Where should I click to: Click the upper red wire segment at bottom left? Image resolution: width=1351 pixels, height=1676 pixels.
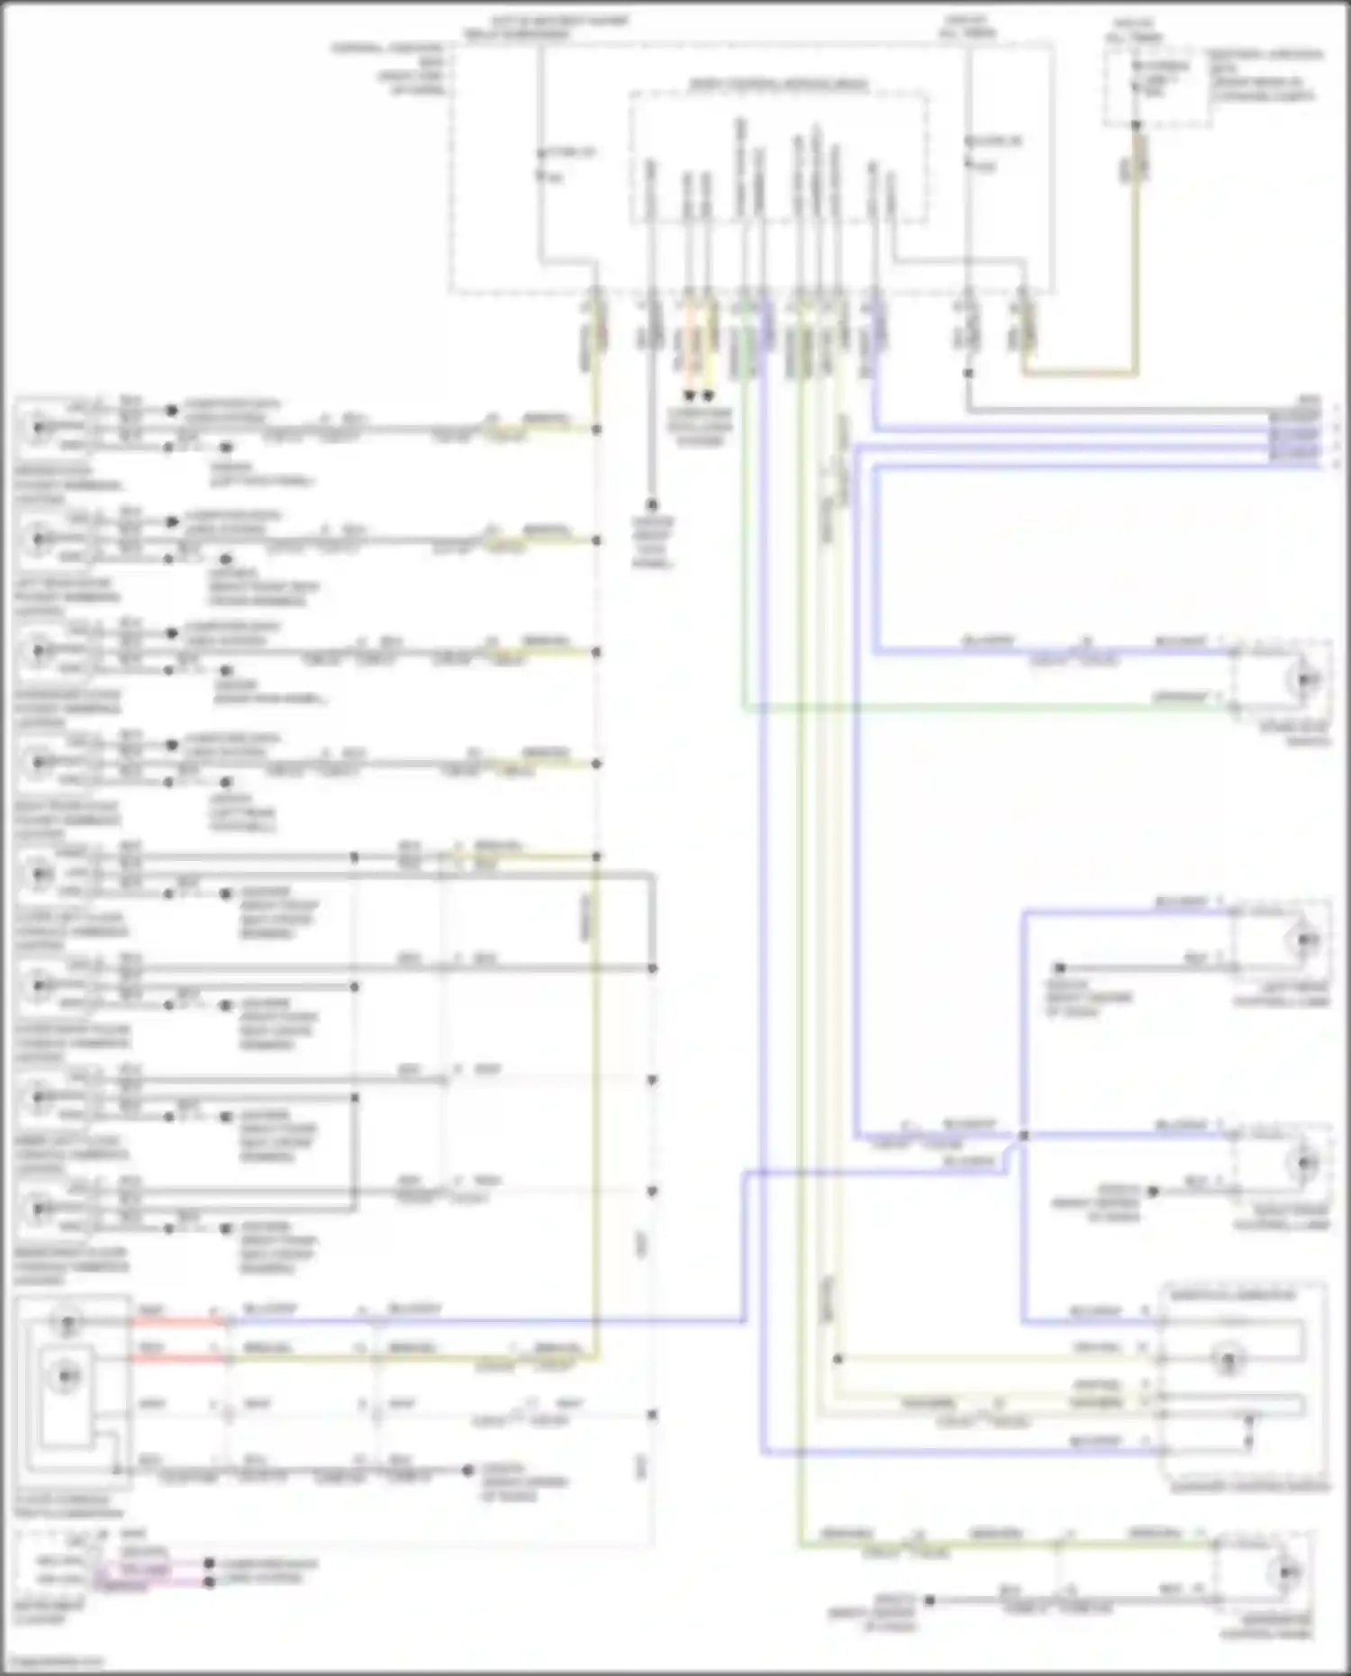tap(177, 1322)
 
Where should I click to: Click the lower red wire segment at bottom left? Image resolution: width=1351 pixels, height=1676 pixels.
tap(177, 1358)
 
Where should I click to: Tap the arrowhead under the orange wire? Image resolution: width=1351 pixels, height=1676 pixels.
tap(690, 394)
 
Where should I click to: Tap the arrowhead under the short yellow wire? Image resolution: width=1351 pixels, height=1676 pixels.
tap(708, 394)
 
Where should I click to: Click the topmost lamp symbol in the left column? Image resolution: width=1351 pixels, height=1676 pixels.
tap(39, 427)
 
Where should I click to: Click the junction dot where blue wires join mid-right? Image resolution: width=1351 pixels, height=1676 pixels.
tap(1023, 1136)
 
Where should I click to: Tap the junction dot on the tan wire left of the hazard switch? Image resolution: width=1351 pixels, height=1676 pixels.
tap(838, 1358)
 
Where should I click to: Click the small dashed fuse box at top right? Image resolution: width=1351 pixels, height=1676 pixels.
tap(1157, 86)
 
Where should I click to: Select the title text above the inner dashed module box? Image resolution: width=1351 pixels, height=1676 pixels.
tap(778, 86)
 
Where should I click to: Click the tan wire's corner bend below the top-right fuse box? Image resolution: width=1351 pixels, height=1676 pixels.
tap(1137, 372)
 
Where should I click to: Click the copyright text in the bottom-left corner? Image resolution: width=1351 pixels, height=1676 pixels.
tap(52, 1662)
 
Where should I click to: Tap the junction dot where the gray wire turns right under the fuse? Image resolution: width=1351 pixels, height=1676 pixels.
tap(968, 372)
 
